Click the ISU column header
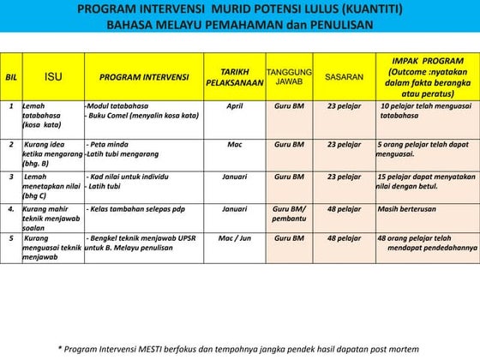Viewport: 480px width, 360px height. click(53, 75)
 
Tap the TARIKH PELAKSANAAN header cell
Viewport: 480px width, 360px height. click(234, 76)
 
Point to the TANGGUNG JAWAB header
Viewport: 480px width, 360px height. click(289, 76)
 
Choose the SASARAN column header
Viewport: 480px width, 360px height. click(344, 76)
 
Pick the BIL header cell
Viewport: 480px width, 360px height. click(11, 76)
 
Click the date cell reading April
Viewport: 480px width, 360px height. click(235, 107)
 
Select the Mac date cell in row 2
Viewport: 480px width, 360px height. click(235, 144)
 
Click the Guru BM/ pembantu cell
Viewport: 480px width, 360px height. click(289, 213)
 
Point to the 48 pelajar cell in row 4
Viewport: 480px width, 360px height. click(344, 208)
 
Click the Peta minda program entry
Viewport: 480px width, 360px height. click(110, 144)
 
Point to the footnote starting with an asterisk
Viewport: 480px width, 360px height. click(238, 349)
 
